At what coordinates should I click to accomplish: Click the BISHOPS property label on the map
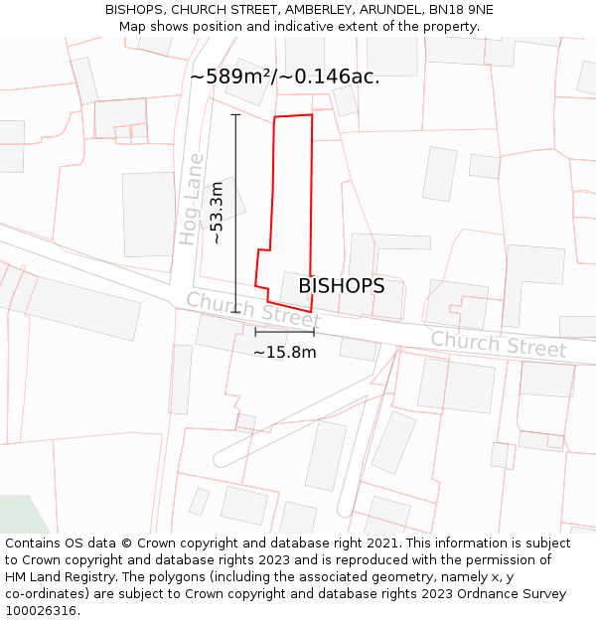[341, 286]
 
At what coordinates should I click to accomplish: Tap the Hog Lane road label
[192, 199]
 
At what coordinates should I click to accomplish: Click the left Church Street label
[252, 310]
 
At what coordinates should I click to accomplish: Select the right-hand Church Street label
[498, 345]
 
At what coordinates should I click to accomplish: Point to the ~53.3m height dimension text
[217, 213]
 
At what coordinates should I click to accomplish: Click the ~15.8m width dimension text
[284, 352]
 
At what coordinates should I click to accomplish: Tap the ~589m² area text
[236, 77]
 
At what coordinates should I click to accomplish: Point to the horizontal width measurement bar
[284, 332]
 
